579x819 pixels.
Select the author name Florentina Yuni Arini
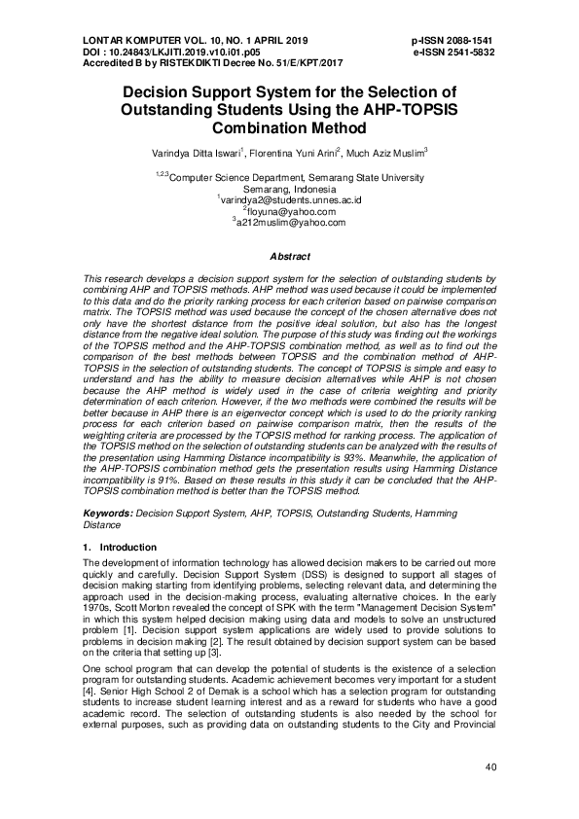(x=288, y=154)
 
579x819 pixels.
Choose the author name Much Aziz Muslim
(x=386, y=154)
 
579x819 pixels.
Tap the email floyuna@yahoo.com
(x=291, y=211)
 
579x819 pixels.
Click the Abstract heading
(x=289, y=256)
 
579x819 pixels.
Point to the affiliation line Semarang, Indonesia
(x=289, y=190)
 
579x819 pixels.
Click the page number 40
(x=490, y=767)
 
